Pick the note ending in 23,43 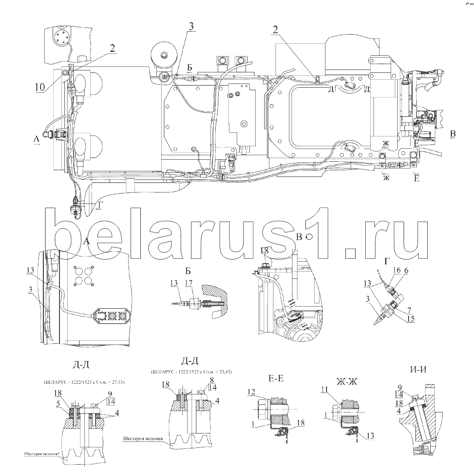(x=191, y=372)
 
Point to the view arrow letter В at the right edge (x=453, y=134)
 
